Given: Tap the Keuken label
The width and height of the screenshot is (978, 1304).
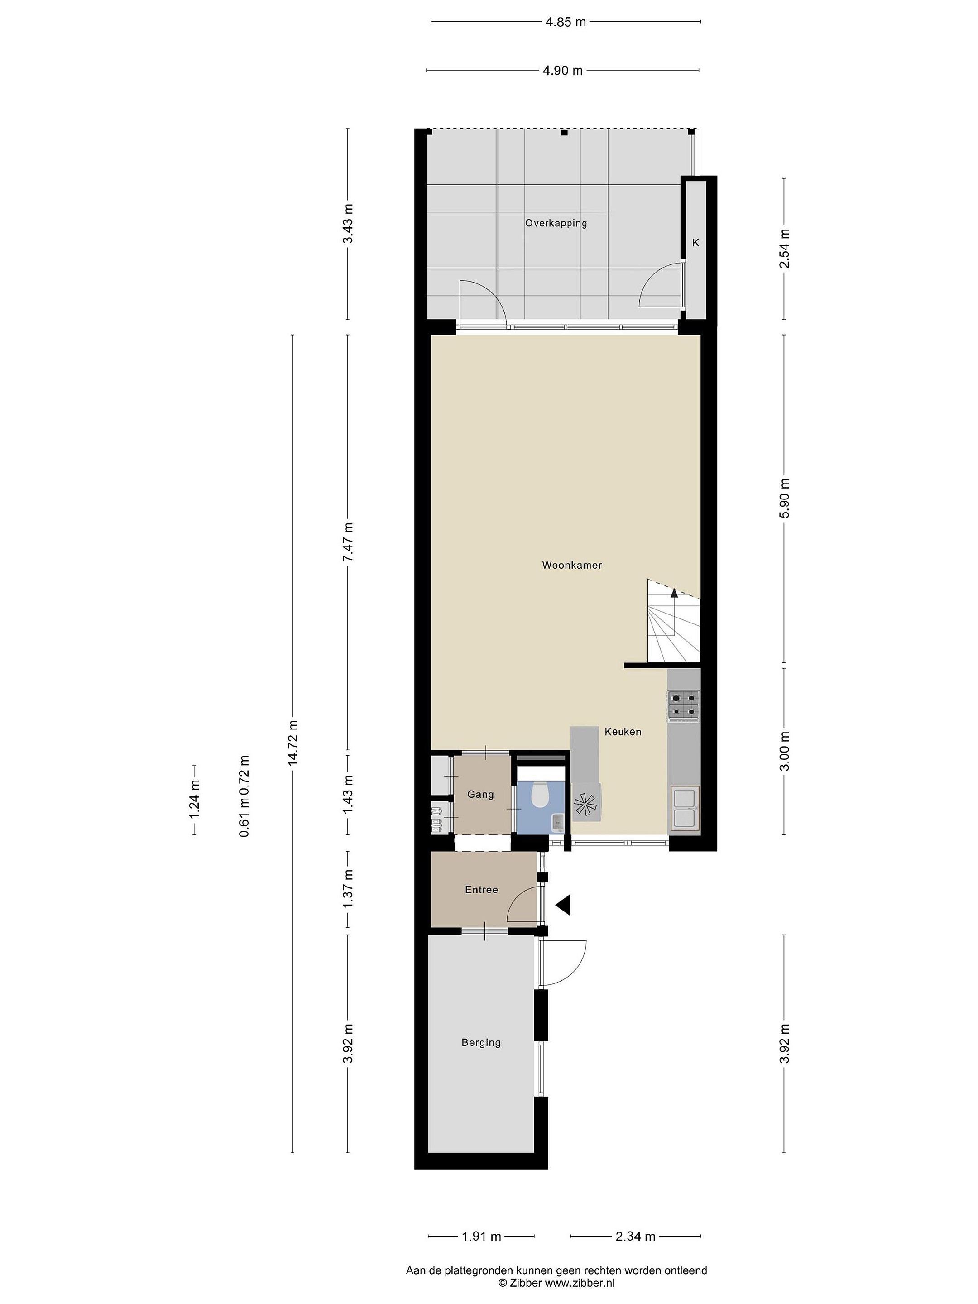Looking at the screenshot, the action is tap(623, 732).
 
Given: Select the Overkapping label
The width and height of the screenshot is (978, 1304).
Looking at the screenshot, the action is tap(556, 223).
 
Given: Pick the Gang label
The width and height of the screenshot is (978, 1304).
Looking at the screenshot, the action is tap(480, 795).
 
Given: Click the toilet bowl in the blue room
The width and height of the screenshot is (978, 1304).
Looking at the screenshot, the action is tap(540, 794).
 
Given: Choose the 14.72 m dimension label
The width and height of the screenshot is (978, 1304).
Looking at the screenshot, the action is tap(293, 743).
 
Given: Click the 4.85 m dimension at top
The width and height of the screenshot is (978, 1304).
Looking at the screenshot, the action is tap(566, 22).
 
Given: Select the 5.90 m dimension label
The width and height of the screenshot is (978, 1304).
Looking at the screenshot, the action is tap(784, 498).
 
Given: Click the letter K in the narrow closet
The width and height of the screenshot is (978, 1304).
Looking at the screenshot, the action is tap(695, 242).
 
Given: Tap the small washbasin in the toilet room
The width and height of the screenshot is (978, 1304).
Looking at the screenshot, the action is tap(557, 822).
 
